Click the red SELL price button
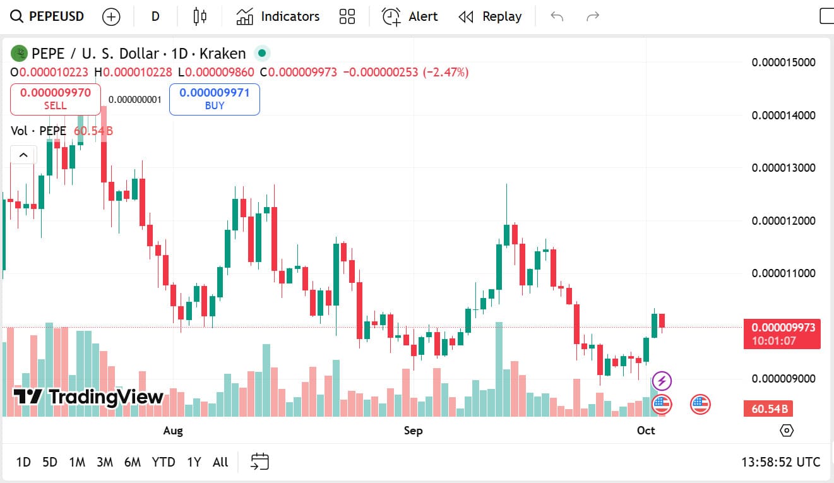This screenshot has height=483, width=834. pyautogui.click(x=55, y=99)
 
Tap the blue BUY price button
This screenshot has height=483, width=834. pyautogui.click(x=214, y=99)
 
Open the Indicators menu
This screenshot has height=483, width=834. pyautogui.click(x=278, y=16)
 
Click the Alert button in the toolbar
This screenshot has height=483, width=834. pyautogui.click(x=410, y=16)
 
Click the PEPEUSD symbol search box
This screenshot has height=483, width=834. pyautogui.click(x=48, y=16)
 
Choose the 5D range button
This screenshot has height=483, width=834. pyautogui.click(x=50, y=462)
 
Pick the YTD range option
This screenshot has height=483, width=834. pyautogui.click(x=164, y=462)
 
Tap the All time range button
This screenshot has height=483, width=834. pyautogui.click(x=220, y=462)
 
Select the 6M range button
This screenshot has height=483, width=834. pyautogui.click(x=133, y=462)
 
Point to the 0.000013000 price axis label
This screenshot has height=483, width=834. pyautogui.click(x=783, y=168)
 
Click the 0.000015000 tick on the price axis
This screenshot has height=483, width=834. pyautogui.click(x=783, y=63)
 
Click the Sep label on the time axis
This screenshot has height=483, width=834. pyautogui.click(x=413, y=431)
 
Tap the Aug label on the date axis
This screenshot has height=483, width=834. pyautogui.click(x=173, y=431)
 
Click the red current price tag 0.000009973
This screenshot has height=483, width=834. pyautogui.click(x=782, y=328)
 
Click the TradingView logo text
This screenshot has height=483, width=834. pyautogui.click(x=88, y=397)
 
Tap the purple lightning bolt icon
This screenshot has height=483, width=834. pyautogui.click(x=662, y=381)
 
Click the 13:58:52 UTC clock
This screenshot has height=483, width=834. pyautogui.click(x=780, y=462)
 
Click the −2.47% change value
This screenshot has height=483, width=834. pyautogui.click(x=446, y=73)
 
